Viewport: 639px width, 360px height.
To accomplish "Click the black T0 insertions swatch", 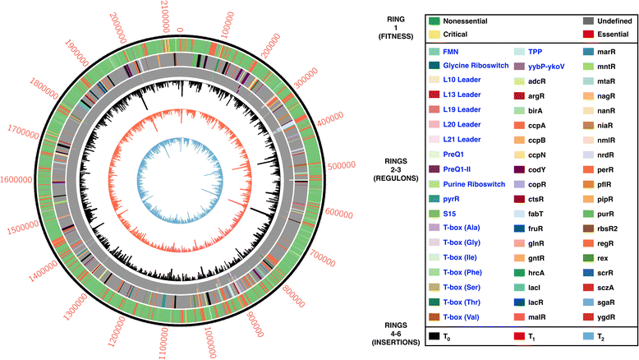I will [x=434, y=337].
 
